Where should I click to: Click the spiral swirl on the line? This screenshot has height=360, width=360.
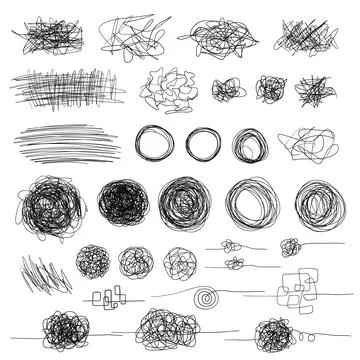click(x=207, y=297)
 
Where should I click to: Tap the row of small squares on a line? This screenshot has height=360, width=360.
click(x=109, y=296)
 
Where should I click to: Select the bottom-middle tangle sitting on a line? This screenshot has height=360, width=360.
click(x=166, y=325)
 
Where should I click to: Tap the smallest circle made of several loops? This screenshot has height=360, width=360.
click(x=247, y=145)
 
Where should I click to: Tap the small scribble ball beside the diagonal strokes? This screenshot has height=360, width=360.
click(x=92, y=261)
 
